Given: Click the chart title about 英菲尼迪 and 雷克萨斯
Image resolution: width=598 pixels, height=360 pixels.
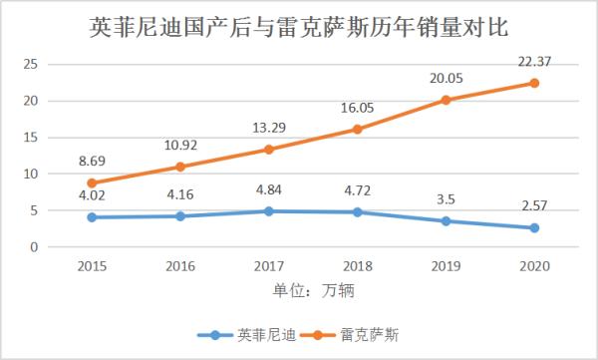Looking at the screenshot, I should click(299, 27).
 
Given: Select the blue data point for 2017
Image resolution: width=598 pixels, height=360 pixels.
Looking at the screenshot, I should click(269, 211).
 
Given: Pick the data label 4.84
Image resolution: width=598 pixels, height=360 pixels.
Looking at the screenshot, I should click(269, 189).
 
